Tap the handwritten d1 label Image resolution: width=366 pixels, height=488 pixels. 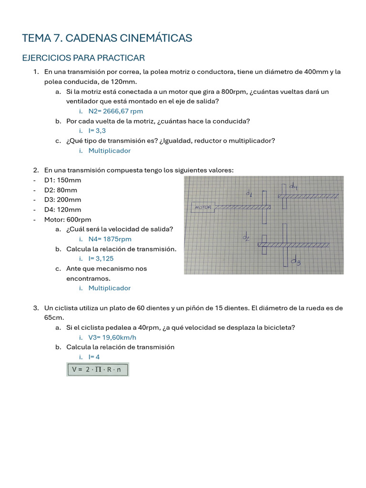coord(249,193)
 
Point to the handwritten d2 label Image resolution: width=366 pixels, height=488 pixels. coord(246,237)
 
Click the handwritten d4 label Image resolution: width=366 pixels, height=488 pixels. coord(294,187)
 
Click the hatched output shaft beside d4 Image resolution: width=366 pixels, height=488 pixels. coord(308,196)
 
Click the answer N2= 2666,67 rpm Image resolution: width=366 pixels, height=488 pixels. coord(116,111)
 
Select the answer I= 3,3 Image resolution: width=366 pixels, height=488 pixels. coord(97,131)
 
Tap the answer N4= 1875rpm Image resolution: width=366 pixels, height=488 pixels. coord(110,239)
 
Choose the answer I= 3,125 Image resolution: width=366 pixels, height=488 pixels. coord(101,258)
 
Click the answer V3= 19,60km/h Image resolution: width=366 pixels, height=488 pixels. coord(112,337)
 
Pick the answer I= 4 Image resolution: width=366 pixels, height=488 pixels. coord(94,357)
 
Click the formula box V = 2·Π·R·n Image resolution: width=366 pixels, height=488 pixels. coord(98,369)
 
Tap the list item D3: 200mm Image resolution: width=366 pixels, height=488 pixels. coord(62,200)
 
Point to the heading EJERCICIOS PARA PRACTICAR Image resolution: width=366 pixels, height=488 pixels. coord(83,58)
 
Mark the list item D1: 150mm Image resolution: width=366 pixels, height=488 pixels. coord(62,180)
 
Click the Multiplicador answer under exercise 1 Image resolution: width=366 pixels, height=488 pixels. coord(109,151)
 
